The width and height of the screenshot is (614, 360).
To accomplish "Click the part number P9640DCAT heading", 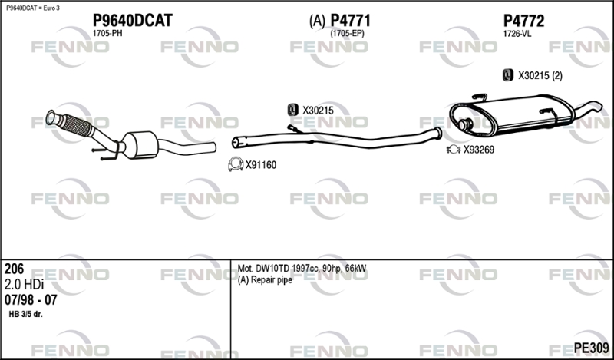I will tap(132, 21).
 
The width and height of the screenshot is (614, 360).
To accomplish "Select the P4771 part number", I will tap(351, 21).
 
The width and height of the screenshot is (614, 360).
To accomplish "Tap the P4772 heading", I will tap(523, 21).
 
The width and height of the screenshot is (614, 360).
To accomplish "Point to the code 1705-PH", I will tap(107, 34).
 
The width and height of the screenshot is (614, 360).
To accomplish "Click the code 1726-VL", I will tap(517, 34).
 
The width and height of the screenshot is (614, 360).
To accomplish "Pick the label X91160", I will tap(260, 164).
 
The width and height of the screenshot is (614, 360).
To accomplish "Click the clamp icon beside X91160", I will tap(235, 164).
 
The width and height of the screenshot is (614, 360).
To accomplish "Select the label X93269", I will tap(478, 150).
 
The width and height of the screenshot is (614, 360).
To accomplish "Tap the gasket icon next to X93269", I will tap(453, 150).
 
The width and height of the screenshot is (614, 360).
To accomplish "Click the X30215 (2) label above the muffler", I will tap(540, 75).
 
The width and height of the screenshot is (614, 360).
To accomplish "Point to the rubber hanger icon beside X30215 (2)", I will tap(507, 75).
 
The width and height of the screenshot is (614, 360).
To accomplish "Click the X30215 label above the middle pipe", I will tap(318, 111).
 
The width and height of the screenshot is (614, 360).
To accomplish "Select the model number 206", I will tap(14, 269).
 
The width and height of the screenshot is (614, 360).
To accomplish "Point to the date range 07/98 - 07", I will tap(31, 299).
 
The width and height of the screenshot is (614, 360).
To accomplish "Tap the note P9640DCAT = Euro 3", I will tap(32, 7).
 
